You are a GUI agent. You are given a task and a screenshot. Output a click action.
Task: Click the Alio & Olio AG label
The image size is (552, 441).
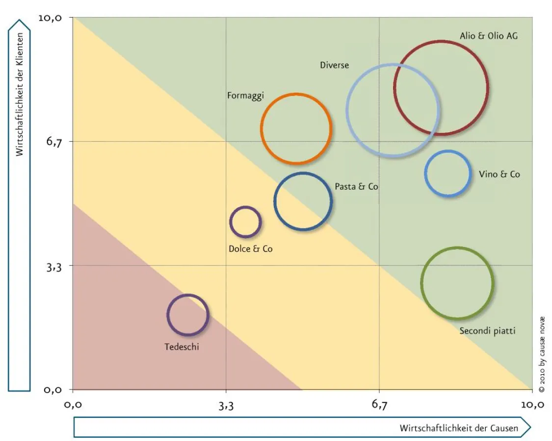488,36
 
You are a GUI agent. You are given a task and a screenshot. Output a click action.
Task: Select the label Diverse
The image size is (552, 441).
334,65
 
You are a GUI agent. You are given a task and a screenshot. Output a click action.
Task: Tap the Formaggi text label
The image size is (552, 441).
245,96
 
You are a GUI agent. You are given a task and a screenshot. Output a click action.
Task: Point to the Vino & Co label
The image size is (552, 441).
499,174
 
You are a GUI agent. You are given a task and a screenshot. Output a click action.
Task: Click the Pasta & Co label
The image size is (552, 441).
356,187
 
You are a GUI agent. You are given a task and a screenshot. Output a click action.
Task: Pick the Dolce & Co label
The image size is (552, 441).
250,249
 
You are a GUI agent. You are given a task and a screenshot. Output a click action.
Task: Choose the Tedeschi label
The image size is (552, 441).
182,347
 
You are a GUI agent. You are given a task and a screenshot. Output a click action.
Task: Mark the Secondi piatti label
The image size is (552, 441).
487,331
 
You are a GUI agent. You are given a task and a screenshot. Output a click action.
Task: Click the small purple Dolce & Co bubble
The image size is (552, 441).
245,222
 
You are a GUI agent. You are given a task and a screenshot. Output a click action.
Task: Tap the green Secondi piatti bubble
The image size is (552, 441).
457,283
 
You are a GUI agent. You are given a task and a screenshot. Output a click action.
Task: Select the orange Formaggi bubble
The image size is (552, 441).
296,129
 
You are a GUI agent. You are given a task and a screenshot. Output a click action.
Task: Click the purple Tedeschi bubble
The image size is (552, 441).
188,315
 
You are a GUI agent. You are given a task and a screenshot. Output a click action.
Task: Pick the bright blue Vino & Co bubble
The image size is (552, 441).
447,173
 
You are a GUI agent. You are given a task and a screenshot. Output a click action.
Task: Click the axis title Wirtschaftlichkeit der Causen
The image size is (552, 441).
459,428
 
